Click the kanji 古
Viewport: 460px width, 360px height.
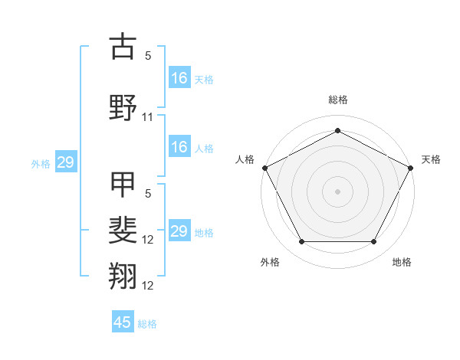(123, 47)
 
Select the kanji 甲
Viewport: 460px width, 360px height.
(123, 185)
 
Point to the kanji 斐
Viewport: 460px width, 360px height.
(123, 231)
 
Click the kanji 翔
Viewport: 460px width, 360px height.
(123, 277)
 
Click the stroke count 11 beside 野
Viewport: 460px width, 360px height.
(148, 117)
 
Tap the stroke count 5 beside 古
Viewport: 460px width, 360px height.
(148, 56)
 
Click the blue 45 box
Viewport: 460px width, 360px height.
(123, 322)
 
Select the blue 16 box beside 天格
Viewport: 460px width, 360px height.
(179, 77)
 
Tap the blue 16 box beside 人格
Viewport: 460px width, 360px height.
(179, 147)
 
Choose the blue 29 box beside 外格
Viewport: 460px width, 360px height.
(65, 162)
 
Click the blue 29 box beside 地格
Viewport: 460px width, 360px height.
(179, 231)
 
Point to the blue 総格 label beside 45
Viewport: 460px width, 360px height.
(147, 324)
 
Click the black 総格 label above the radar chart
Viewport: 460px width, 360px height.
(337, 100)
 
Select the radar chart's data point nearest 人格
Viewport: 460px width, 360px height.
(264, 167)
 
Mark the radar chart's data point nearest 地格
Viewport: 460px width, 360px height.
(374, 242)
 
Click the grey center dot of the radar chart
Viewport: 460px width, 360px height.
(337, 191)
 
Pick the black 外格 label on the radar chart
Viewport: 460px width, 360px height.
(270, 262)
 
